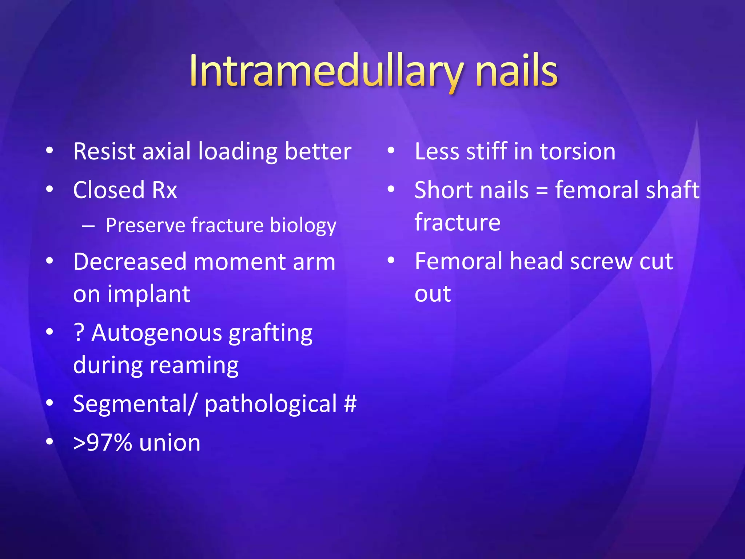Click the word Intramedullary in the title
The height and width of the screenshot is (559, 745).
326,71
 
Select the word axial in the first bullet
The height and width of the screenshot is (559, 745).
166,151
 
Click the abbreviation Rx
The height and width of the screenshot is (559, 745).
164,190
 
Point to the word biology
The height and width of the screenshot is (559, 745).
303,226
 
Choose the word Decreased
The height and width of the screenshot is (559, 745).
130,262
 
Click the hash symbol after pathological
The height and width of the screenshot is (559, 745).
350,404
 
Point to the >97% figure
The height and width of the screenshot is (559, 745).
102,443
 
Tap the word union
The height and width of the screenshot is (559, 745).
170,443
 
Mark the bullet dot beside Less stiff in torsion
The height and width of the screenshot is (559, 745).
391,151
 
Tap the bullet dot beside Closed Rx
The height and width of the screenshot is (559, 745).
50,189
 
